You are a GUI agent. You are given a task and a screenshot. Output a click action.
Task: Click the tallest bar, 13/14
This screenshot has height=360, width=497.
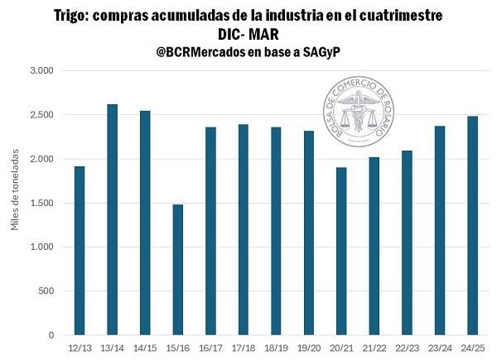click(113, 219)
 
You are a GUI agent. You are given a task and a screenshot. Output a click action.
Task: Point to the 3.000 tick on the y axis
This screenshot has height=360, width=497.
click(40, 70)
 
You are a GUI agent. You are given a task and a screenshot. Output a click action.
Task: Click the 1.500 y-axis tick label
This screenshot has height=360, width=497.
click(40, 203)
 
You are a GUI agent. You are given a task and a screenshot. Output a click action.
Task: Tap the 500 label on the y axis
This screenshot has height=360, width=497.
click(45, 291)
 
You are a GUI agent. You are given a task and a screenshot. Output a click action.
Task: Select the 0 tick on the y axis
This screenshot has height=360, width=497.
click(50, 335)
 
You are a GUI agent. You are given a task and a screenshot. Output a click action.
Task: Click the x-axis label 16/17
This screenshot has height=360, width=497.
click(211, 348)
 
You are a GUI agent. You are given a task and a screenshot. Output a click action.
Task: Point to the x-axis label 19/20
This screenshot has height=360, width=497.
click(309, 348)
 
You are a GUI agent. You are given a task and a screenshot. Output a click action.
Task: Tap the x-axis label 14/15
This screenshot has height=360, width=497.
click(145, 348)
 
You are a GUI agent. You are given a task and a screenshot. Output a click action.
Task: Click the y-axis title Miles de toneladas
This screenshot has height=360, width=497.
click(15, 202)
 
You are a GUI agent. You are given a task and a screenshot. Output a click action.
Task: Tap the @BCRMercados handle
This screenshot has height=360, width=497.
click(205, 51)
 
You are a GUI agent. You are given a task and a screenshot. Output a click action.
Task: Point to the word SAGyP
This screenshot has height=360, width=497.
click(321, 51)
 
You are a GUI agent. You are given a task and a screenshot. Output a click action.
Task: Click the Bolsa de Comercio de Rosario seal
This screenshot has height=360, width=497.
click(358, 111)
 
